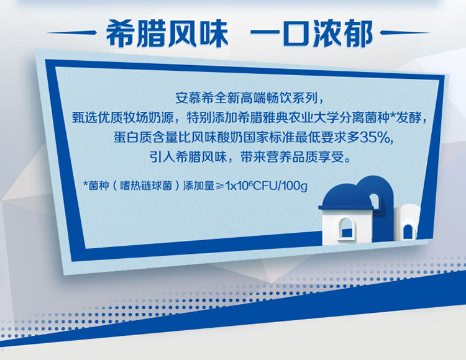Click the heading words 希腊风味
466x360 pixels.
tap(167, 34)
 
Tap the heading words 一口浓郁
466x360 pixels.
tap(312, 34)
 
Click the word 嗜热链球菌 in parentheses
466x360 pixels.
tap(146, 186)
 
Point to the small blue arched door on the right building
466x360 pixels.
tap(408, 232)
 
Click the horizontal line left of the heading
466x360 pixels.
tap(71, 33)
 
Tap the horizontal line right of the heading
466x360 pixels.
tap(405, 33)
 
